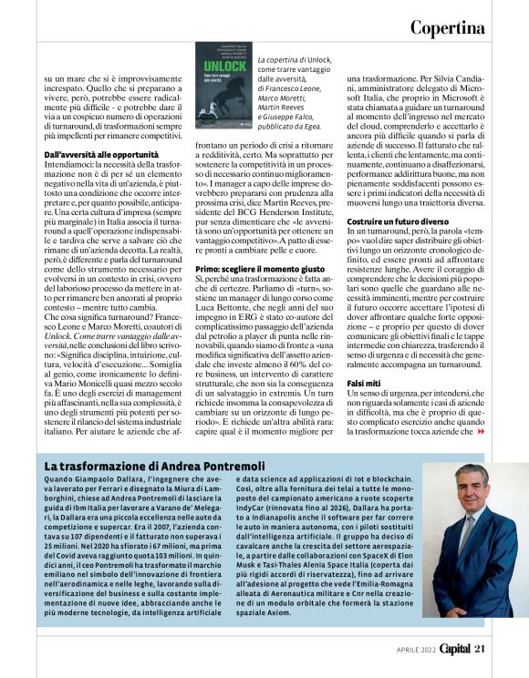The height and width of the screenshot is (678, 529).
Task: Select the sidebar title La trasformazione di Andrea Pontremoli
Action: [x=155, y=467]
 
